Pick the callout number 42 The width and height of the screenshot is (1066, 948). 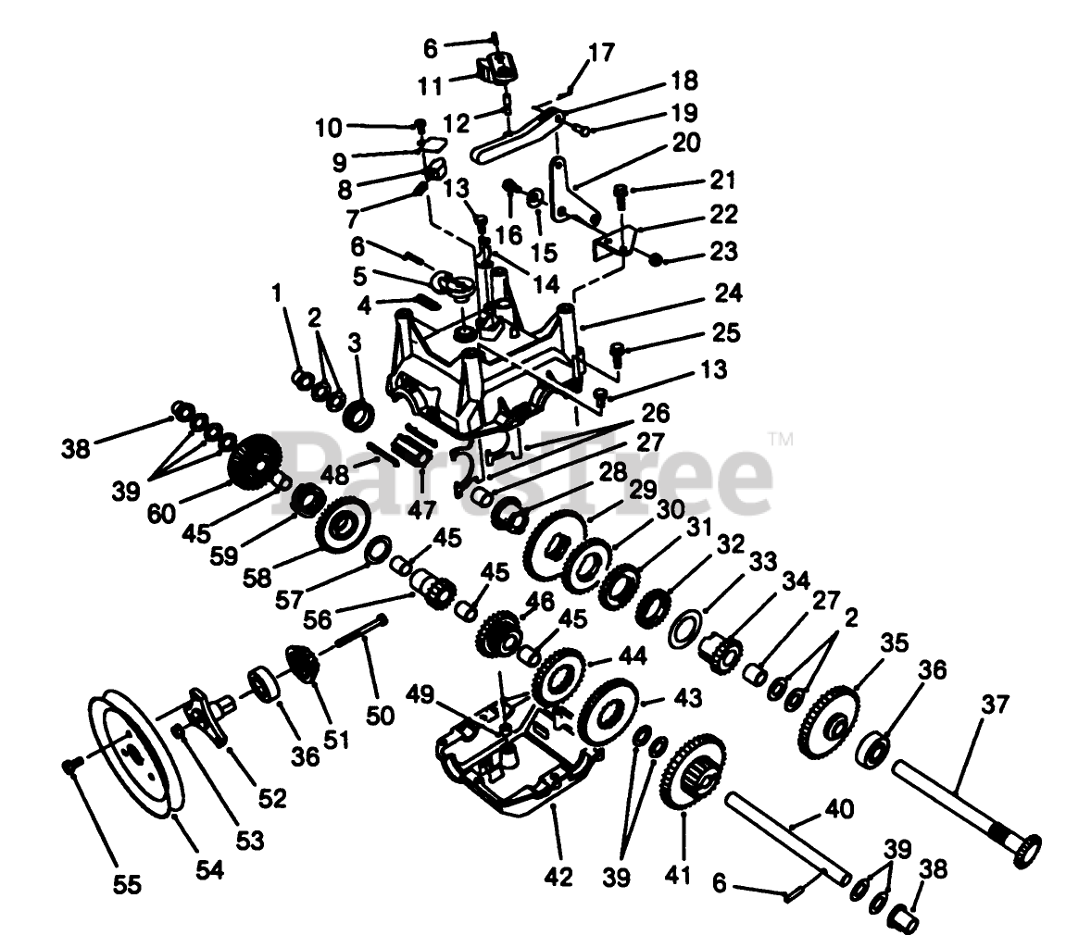[560, 874]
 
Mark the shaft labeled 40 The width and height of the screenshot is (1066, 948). [787, 833]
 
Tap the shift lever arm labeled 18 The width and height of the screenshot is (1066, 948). [519, 134]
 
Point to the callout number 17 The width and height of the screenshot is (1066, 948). [600, 53]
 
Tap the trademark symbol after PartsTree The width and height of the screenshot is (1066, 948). [781, 440]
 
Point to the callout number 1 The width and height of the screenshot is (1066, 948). [275, 293]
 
